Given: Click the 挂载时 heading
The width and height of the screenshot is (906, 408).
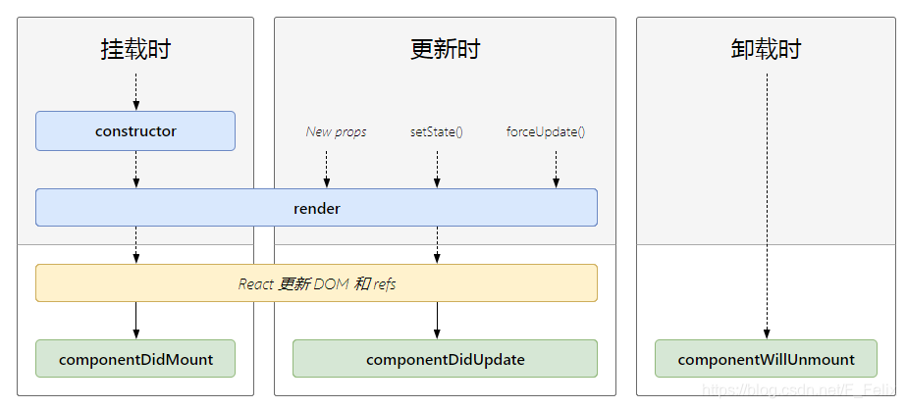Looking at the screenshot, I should [135, 50].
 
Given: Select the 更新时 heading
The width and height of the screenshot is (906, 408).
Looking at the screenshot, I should [445, 50].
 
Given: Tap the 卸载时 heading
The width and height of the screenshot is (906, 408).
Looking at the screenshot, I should [766, 50].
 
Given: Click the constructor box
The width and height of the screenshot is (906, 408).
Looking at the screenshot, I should [135, 131].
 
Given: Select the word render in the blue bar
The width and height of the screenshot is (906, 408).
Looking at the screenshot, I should [316, 209].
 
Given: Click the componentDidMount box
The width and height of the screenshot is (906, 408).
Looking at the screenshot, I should [135, 359].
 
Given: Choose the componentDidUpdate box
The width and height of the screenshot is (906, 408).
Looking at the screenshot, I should [445, 359].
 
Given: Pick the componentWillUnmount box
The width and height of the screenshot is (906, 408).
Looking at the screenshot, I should [766, 359].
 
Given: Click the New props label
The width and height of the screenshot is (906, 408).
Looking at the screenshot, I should [336, 131].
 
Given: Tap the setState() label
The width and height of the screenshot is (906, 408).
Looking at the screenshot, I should [436, 131].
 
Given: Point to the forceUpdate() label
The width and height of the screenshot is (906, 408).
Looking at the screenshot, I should [546, 131].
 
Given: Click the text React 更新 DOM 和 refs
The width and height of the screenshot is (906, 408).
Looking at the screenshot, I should [316, 283].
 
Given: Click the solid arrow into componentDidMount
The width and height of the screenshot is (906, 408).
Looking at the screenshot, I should [135, 320].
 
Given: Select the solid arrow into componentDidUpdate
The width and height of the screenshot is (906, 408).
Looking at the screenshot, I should [437, 320].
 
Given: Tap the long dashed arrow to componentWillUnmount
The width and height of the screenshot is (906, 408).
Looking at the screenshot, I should [767, 206].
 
